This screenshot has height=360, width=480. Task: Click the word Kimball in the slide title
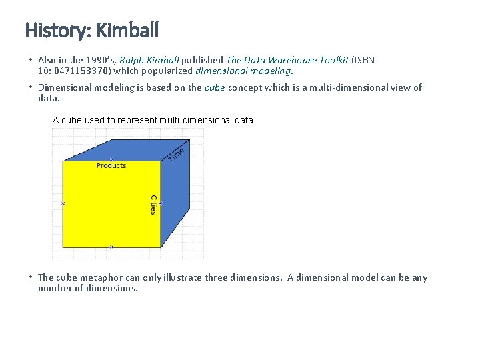(x=127, y=31)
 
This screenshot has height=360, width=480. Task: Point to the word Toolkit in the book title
(x=331, y=60)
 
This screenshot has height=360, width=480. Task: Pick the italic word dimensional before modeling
(x=220, y=70)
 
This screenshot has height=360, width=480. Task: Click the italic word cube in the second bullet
(x=215, y=87)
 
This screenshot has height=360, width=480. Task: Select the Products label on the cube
(x=111, y=166)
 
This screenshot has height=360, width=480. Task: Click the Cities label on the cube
(x=153, y=205)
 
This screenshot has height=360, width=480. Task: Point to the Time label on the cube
(x=175, y=154)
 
